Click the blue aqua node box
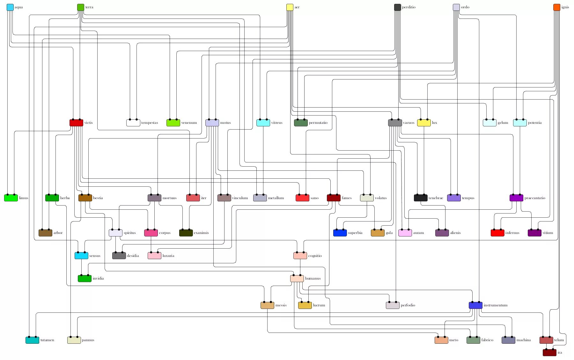click(x=10, y=7)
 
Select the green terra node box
click(x=81, y=7)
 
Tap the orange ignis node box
click(x=556, y=7)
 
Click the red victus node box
click(x=76, y=123)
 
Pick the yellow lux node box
click(x=424, y=123)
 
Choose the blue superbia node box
click(x=340, y=233)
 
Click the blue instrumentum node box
click(x=475, y=305)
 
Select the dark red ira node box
click(x=549, y=353)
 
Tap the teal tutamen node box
click(x=32, y=340)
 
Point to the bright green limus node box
click(x=11, y=198)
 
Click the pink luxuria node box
click(x=154, y=256)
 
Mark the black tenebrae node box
click(x=421, y=198)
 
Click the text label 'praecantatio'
click(x=535, y=198)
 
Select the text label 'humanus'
click(x=313, y=279)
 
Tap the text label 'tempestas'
click(x=150, y=123)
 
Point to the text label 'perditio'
click(x=408, y=7)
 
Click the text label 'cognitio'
click(x=315, y=256)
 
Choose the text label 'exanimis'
click(x=201, y=233)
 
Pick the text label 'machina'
click(x=523, y=340)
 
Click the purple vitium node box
click(x=534, y=233)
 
